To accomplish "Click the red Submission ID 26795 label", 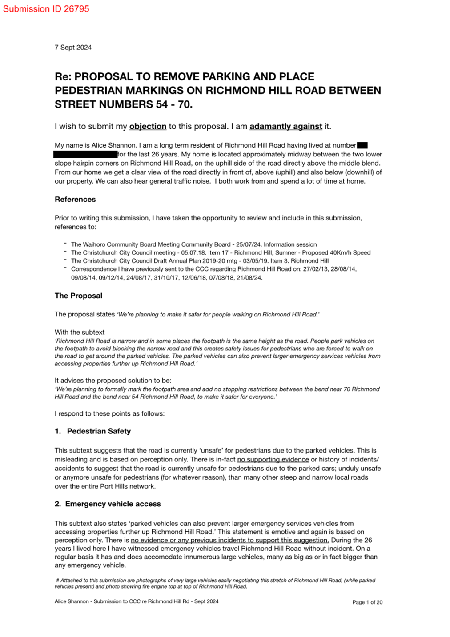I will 46,9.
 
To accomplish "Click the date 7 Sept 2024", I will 73,48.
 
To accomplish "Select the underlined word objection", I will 148,127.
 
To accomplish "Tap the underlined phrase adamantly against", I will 285,127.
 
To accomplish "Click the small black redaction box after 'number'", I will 362,145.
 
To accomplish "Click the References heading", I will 75,200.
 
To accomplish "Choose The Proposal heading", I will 78,296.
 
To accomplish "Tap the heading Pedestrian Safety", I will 99,431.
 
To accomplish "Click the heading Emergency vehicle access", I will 113,504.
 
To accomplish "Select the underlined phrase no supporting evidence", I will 273,460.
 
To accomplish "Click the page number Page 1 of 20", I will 367,602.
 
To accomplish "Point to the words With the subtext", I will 80,333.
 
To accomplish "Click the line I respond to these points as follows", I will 109,414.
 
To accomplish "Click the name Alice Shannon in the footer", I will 72,601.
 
